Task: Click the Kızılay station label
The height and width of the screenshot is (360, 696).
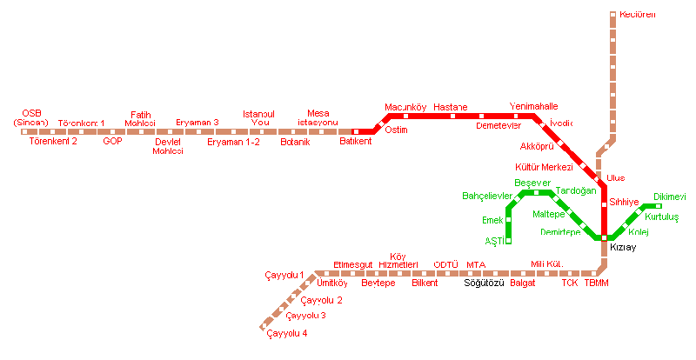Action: (x=624, y=249)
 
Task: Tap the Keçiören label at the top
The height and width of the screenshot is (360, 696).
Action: (x=638, y=15)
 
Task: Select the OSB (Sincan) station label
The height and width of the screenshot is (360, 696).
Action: (x=31, y=117)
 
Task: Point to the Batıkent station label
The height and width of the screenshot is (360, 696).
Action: (x=355, y=141)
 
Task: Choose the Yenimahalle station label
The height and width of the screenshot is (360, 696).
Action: (x=533, y=106)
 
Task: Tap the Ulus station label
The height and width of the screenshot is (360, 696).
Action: (x=616, y=177)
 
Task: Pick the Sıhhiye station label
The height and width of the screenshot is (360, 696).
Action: (x=625, y=202)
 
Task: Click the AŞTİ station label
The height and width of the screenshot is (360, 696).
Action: (x=492, y=241)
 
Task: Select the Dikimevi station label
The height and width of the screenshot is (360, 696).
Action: (x=670, y=197)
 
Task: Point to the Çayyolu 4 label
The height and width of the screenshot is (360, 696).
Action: (x=287, y=333)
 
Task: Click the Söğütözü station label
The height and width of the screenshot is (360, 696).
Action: (x=484, y=283)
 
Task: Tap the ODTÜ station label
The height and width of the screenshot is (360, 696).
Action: (x=445, y=264)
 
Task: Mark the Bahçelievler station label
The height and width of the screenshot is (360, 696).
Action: (x=486, y=197)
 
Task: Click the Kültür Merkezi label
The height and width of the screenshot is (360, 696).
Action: (x=544, y=166)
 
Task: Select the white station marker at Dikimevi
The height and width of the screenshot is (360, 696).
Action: (x=659, y=206)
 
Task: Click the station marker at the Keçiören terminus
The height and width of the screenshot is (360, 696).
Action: (x=613, y=15)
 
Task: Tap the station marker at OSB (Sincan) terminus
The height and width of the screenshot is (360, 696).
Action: (x=24, y=131)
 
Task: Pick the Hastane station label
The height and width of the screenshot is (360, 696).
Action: (x=450, y=107)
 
